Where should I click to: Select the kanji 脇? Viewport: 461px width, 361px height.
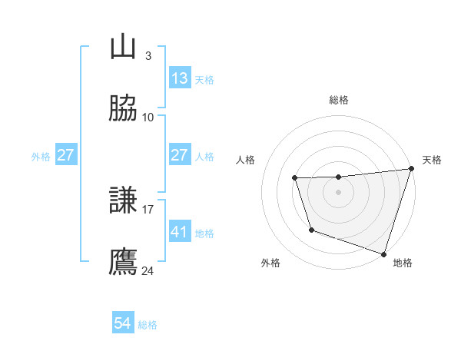(x=124, y=109)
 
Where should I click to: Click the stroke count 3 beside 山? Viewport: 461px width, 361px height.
(x=148, y=55)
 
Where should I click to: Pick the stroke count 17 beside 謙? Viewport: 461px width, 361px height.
(x=148, y=208)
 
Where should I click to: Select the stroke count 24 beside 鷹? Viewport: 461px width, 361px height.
(x=148, y=270)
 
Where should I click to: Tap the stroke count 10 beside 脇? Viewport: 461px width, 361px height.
(x=148, y=117)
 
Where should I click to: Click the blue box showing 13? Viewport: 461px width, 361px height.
(x=180, y=78)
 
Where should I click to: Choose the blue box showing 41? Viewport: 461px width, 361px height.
(x=180, y=231)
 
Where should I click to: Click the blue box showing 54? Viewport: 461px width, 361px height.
(x=123, y=324)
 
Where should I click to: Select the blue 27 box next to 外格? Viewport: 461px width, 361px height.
(x=66, y=155)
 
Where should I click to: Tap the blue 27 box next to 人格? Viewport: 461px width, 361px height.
(x=180, y=155)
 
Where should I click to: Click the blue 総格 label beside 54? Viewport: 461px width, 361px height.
(x=148, y=325)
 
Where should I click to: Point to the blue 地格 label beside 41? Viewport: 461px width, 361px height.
(x=204, y=233)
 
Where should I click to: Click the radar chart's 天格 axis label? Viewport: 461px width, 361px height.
(x=432, y=160)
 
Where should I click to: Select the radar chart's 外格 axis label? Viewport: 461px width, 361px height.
(x=270, y=263)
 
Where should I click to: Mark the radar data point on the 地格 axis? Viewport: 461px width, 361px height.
(x=383, y=253)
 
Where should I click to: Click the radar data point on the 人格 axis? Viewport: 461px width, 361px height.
(x=294, y=178)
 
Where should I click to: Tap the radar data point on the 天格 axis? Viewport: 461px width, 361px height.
(x=410, y=169)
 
